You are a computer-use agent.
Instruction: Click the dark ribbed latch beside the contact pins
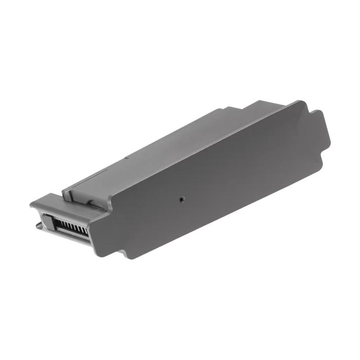pyautogui.click(x=47, y=222)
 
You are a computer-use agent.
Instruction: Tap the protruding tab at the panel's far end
pyautogui.click(x=318, y=129)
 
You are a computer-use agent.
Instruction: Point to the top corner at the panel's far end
pyautogui.click(x=303, y=102)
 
